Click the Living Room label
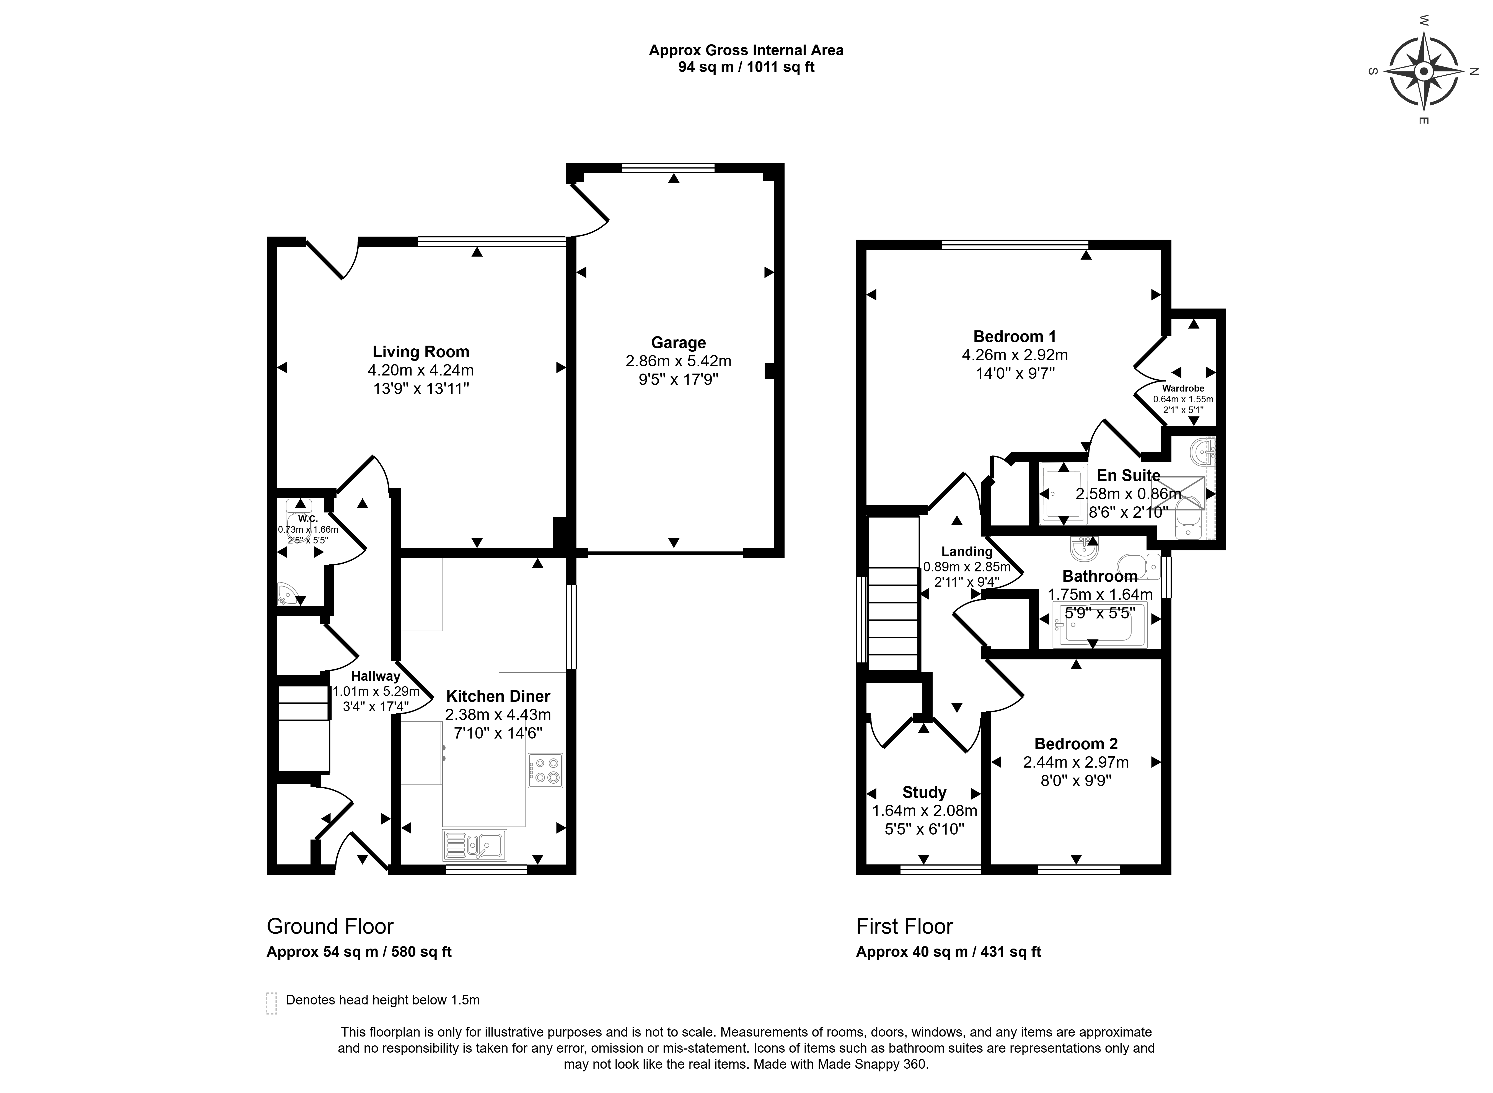click(421, 352)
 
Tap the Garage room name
click(678, 343)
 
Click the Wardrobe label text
click(1183, 388)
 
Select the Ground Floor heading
click(330, 926)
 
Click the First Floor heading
click(904, 926)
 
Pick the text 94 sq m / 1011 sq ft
click(746, 67)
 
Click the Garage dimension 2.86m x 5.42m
click(678, 361)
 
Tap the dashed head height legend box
click(271, 1003)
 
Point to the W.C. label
click(308, 519)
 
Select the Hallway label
click(375, 676)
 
